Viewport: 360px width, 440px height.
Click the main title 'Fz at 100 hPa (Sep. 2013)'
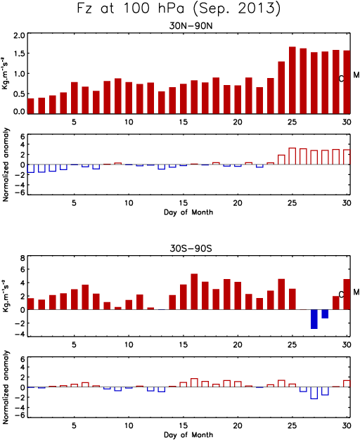click(x=179, y=8)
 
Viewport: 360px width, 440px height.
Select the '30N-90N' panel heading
click(x=191, y=26)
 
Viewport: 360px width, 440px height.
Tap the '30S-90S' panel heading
click(x=191, y=248)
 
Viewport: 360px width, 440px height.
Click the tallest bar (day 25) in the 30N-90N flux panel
click(x=292, y=80)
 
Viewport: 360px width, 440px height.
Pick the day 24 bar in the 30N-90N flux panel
click(x=281, y=88)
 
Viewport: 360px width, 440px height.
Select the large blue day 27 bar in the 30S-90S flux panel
click(x=314, y=319)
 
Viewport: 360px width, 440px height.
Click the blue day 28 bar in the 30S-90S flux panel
click(x=325, y=313)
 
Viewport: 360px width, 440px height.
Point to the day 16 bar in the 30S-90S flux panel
click(x=194, y=292)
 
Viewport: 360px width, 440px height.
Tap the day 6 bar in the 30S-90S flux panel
click(x=85, y=297)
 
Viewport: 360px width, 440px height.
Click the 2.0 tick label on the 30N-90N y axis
click(x=19, y=36)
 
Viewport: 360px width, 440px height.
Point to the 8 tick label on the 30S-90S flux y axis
click(x=22, y=259)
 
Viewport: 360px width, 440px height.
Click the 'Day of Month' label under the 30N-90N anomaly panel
click(x=188, y=212)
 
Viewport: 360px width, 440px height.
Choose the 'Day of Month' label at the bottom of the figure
click(x=188, y=434)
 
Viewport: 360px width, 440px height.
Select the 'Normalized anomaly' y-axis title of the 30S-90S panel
click(x=6, y=387)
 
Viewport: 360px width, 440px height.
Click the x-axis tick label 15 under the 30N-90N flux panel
click(x=184, y=122)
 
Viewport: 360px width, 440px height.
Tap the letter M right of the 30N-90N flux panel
click(x=356, y=75)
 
